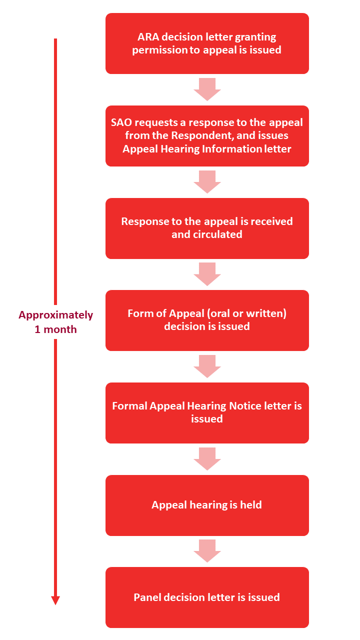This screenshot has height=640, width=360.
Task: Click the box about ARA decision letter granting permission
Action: coord(207,43)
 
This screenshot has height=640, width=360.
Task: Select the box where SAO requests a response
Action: coord(207,135)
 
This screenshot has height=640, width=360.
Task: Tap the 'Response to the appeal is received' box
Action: coord(207,228)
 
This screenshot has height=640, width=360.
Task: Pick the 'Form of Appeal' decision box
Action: coord(207,320)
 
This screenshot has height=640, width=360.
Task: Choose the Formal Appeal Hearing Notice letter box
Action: coord(207,412)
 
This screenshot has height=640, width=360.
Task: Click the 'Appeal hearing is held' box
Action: coord(207,505)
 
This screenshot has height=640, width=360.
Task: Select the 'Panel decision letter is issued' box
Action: coord(207,597)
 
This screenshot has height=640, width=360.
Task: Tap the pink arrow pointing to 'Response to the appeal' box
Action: coord(207,182)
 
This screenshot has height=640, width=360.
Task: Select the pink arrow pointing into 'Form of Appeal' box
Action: coord(207,274)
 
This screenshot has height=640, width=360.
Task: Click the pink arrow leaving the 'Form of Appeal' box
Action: coord(207,366)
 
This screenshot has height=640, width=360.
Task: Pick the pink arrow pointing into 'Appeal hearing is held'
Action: coord(207,459)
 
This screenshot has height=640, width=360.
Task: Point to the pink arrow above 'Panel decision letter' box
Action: coord(207,551)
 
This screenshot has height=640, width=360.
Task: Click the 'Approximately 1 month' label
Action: coord(55,322)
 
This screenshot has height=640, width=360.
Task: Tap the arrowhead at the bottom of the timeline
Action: coord(55,600)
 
